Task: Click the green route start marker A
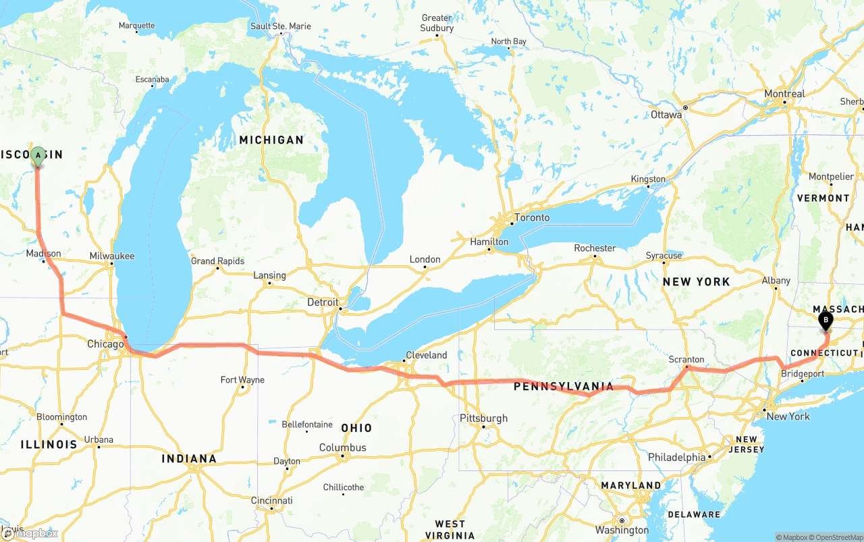[38, 156]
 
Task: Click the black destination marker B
[825, 321]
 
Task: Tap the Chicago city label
[105, 344]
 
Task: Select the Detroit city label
[323, 302]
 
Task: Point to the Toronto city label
[532, 218]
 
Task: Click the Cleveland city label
[426, 355]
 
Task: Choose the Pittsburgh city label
[483, 418]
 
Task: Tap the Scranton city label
[686, 359]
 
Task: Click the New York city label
[788, 416]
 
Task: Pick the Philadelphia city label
[677, 457]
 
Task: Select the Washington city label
[622, 530]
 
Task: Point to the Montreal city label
[784, 94]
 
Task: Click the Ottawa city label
[666, 115]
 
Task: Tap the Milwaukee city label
[112, 256]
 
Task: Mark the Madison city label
[44, 254]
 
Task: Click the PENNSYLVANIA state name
[564, 387]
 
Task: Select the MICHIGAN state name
[271, 140]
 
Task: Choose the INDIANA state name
[189, 459]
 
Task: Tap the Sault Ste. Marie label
[281, 26]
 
